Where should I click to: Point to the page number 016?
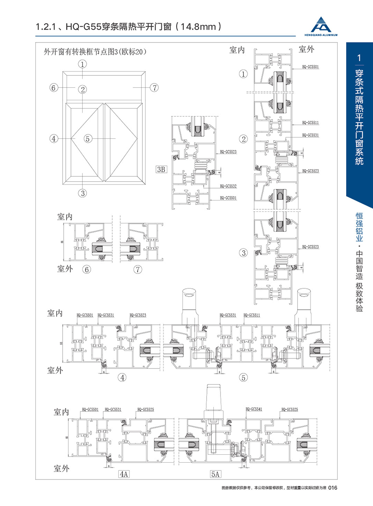click(334, 488)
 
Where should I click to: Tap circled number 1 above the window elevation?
click(83, 64)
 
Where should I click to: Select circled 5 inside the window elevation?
click(88, 139)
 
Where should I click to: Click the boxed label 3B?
click(161, 169)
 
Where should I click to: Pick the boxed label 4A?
click(123, 474)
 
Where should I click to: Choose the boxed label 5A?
click(215, 474)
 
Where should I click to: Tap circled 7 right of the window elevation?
click(154, 87)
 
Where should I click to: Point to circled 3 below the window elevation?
click(83, 193)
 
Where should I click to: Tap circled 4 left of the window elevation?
click(54, 139)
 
